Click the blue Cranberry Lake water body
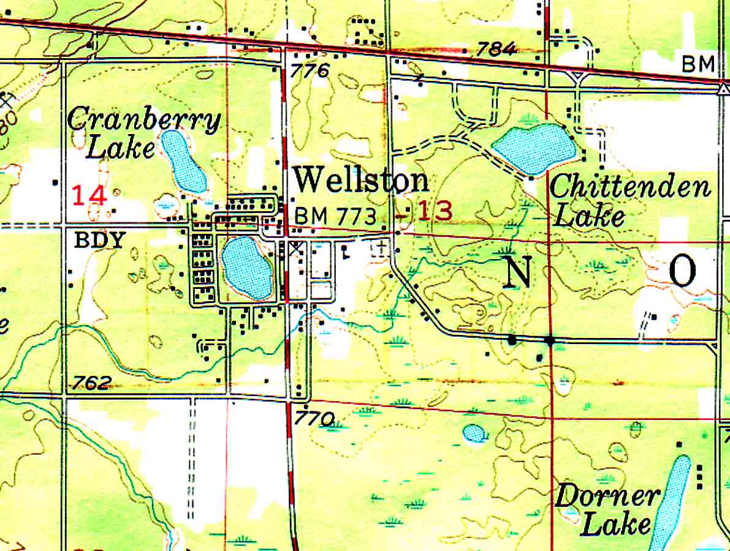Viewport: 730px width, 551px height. point(183,160)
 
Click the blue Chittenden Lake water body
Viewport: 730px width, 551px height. point(534,148)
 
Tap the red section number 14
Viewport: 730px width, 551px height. point(89,196)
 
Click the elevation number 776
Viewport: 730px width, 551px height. point(310,71)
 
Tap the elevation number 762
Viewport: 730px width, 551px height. point(92,384)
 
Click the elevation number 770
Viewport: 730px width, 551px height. point(314,419)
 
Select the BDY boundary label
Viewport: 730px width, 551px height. point(99,240)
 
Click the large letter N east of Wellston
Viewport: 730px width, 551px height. point(519,272)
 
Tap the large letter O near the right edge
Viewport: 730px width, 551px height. point(682,271)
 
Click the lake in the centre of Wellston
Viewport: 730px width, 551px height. point(246,268)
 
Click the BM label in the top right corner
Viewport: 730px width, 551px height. point(699,64)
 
